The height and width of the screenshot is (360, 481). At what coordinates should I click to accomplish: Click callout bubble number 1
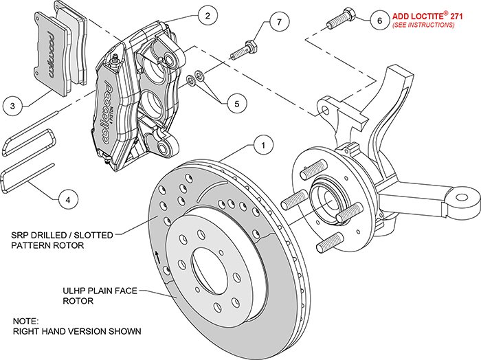pyautogui.click(x=261, y=145)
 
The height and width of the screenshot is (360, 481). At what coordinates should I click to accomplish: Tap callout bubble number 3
pyautogui.click(x=12, y=106)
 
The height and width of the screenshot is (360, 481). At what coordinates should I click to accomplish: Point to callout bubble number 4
pyautogui.click(x=67, y=200)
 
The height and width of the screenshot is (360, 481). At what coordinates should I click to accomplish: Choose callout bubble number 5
pyautogui.click(x=236, y=104)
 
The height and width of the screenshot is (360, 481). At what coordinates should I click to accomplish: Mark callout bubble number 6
pyautogui.click(x=379, y=20)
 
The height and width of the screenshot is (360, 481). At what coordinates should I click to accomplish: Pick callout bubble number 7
pyautogui.click(x=278, y=22)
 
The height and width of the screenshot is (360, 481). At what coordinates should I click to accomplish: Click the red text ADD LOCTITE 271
pyautogui.click(x=423, y=14)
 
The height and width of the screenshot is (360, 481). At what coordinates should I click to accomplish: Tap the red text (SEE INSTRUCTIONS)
pyautogui.click(x=423, y=25)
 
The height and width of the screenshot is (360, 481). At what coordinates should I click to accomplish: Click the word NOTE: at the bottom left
pyautogui.click(x=26, y=321)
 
